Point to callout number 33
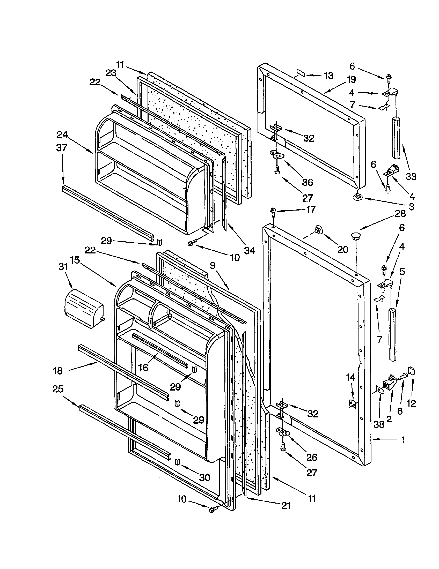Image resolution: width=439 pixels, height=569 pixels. click(411, 177)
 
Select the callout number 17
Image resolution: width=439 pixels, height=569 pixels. click(311, 209)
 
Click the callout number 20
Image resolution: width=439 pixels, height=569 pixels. click(343, 250)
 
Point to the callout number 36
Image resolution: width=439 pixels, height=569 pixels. click(307, 182)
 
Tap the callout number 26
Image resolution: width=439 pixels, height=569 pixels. click(312, 457)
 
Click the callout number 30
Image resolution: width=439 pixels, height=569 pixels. click(205, 477)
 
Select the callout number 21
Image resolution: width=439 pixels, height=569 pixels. click(286, 505)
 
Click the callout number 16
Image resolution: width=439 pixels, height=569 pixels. click(143, 367)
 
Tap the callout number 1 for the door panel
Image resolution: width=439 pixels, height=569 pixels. click(403, 440)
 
